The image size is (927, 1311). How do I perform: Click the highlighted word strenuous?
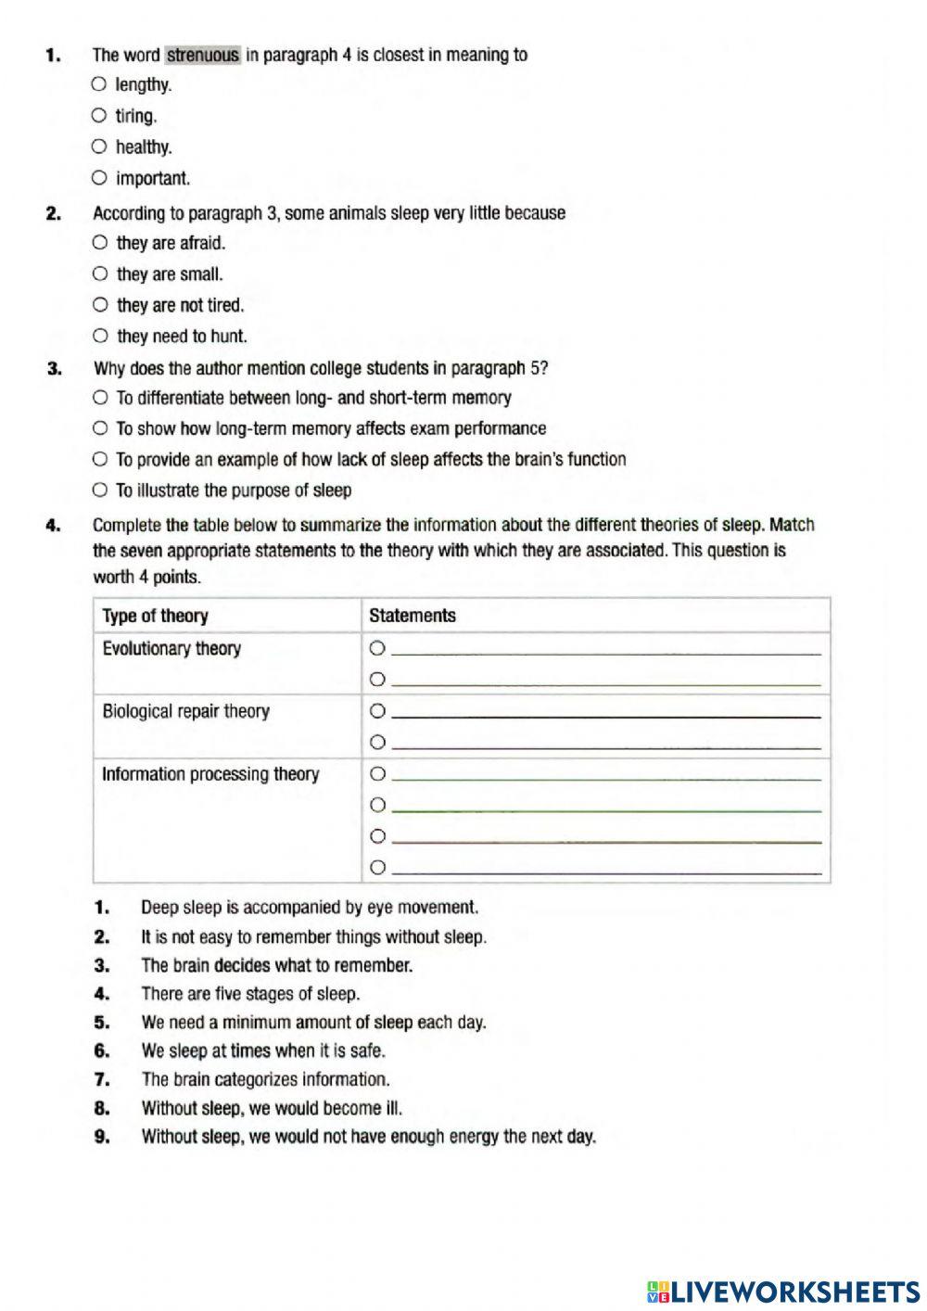point(203,56)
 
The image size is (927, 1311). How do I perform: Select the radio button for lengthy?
point(99,84)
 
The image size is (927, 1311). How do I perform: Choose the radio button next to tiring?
point(99,116)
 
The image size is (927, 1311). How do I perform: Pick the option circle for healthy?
point(99,146)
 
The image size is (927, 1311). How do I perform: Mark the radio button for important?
point(99,178)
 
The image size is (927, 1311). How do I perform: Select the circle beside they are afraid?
point(100,243)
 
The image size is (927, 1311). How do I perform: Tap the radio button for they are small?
point(100,274)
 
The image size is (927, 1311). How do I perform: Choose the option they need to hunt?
point(100,336)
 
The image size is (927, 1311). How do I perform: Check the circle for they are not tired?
point(100,305)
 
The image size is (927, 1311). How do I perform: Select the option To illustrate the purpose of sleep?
point(100,490)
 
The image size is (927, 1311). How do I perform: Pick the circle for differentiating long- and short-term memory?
point(100,398)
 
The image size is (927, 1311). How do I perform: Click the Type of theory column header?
point(156,617)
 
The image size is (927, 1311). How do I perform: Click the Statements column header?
point(413,616)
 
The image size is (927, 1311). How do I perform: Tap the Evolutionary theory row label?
point(171,649)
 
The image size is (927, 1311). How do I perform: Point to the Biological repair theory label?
point(185,712)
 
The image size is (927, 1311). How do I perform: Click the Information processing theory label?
point(210,774)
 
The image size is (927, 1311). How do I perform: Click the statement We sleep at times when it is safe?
point(262,1051)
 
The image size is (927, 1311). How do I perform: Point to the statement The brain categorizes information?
point(265,1080)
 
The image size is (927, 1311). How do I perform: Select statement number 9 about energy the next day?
point(368,1137)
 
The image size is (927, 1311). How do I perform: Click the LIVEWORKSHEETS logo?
point(783,1292)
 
